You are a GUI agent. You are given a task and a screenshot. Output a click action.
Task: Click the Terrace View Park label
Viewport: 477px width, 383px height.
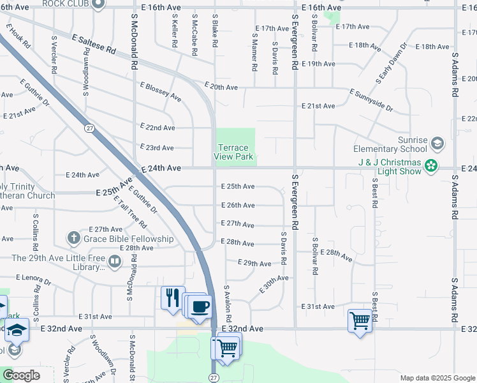pyautogui.click(x=233, y=152)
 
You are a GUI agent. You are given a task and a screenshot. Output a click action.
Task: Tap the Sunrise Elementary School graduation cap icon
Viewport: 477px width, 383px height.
pyautogui.click(x=437, y=142)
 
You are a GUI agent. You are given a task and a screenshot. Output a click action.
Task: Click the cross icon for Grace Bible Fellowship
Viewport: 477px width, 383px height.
pyautogui.click(x=74, y=239)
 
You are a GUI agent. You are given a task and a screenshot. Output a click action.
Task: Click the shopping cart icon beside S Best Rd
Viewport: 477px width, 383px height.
pyautogui.click(x=360, y=320)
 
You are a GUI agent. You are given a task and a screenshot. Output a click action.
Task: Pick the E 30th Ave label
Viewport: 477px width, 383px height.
pyautogui.click(x=274, y=284)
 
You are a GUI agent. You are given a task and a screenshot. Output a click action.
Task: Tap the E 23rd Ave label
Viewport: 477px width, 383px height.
pyautogui.click(x=157, y=147)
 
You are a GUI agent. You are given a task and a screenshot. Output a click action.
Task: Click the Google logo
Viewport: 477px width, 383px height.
pyautogui.click(x=21, y=375)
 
